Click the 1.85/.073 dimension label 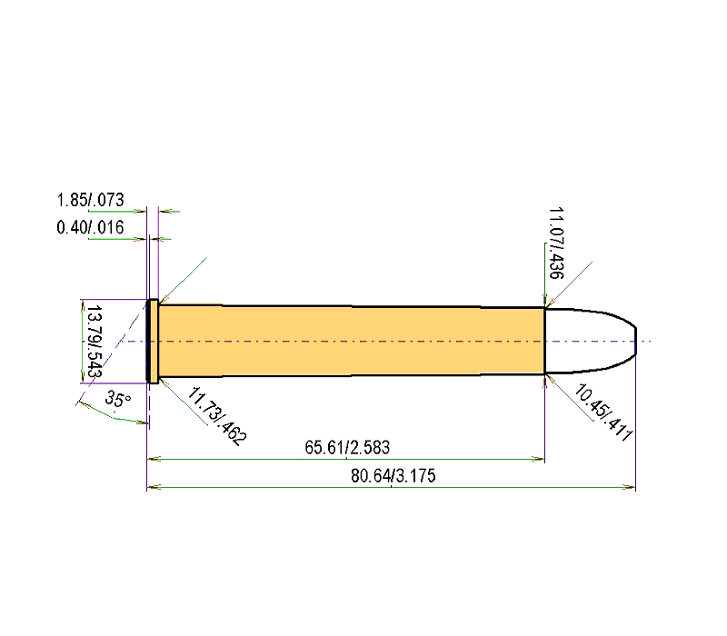click(x=90, y=201)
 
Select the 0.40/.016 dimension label click(x=90, y=227)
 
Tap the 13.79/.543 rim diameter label click(x=92, y=343)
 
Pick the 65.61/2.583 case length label click(x=348, y=448)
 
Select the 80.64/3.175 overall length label click(x=391, y=476)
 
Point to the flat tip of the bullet click(x=635, y=341)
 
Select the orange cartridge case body click(x=350, y=341)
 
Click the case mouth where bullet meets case click(x=545, y=341)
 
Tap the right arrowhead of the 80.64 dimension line click(x=631, y=488)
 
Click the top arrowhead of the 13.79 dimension click(x=82, y=304)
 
